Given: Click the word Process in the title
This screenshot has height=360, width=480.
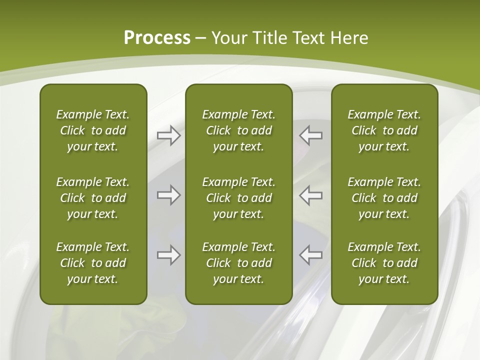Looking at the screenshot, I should (x=157, y=38).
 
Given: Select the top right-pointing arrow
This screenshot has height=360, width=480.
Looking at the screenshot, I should (x=169, y=135).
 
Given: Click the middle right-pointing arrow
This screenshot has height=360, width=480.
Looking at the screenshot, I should (x=169, y=195).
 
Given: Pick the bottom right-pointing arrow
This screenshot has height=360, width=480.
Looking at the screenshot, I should (x=169, y=254).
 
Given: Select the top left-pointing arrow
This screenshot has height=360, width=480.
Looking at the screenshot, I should (x=310, y=135).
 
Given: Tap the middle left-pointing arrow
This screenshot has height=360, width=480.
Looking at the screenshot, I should (x=310, y=195).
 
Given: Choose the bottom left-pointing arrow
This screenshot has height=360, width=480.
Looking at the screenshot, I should (x=310, y=254).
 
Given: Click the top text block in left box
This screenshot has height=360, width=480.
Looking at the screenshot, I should (x=93, y=130).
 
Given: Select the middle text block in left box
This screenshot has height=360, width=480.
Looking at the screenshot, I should (x=93, y=198).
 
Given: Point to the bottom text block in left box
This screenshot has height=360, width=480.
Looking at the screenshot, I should (x=93, y=263).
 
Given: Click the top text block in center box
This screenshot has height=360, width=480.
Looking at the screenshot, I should (x=238, y=130).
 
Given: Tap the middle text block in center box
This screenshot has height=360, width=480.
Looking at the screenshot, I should (x=238, y=198).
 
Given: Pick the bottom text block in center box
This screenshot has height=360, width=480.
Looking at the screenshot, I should (x=238, y=263).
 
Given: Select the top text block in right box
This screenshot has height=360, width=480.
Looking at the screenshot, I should (x=384, y=130).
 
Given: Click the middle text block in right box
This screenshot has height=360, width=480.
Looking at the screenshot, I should (x=384, y=198).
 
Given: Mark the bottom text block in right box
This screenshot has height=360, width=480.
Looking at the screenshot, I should (x=384, y=263).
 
